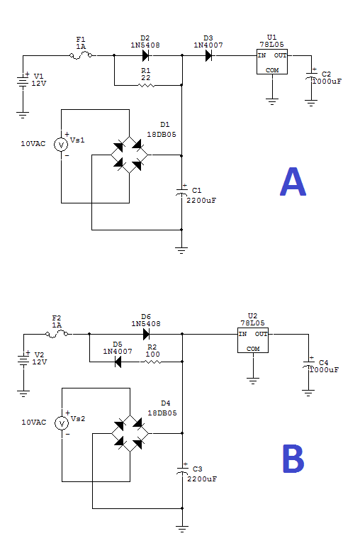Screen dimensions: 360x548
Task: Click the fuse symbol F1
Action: [81, 55]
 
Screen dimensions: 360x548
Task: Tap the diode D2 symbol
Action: [145, 55]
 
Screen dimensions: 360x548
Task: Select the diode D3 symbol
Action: [208, 55]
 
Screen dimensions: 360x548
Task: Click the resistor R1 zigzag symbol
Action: [147, 85]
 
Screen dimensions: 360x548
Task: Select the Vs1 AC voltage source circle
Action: [61, 145]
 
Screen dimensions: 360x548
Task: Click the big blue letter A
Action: [293, 181]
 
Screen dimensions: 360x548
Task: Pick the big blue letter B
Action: [293, 459]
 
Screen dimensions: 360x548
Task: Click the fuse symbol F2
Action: [57, 334]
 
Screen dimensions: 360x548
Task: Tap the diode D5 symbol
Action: [118, 362]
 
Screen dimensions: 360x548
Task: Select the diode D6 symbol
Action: [147, 334]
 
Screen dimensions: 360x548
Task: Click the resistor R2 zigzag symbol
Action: [153, 362]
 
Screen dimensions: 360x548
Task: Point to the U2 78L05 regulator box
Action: [253, 340]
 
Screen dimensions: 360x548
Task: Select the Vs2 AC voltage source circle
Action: [62, 423]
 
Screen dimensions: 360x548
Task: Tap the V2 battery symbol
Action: [23, 360]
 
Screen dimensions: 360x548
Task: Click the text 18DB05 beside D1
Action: [162, 135]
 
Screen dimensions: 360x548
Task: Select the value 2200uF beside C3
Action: [202, 479]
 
